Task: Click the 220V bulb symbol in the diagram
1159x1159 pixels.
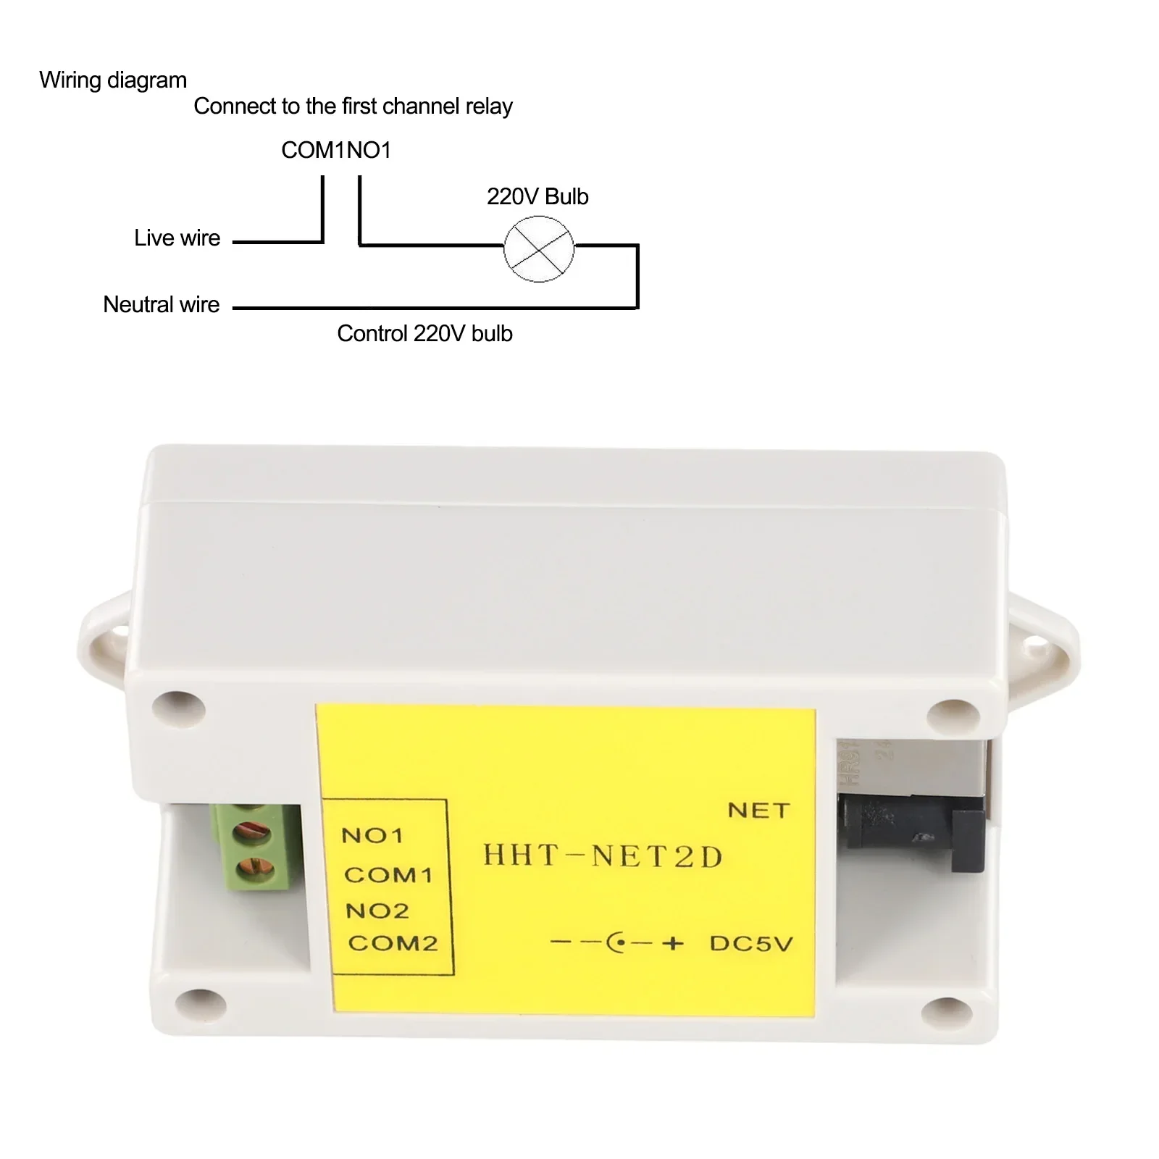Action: coord(538,248)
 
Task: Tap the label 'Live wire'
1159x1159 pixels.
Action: coord(177,238)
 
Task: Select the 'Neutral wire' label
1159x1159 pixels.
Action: coord(161,304)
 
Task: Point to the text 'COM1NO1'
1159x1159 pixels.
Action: coord(336,150)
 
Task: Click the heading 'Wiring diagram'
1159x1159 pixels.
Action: coord(113,80)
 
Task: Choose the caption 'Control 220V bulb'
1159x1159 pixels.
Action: coord(424,333)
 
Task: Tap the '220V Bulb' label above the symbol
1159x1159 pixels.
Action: coord(537,196)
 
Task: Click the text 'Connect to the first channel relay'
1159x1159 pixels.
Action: coord(353,106)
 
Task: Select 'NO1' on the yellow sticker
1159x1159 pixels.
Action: coord(372,836)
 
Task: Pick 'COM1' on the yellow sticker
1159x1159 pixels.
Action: coord(388,875)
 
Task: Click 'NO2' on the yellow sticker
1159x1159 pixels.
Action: coord(377,911)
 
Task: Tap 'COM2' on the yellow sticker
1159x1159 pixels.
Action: coord(393,943)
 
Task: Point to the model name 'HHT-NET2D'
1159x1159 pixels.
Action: coord(603,856)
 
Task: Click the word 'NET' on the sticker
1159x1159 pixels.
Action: coord(758,810)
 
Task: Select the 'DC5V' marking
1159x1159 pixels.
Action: coord(751,943)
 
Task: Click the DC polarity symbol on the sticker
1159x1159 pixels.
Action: coord(617,943)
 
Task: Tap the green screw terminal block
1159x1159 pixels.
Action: coord(255,848)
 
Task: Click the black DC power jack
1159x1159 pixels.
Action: coord(913,833)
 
